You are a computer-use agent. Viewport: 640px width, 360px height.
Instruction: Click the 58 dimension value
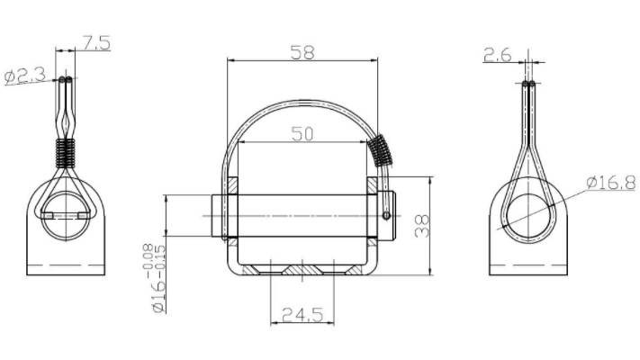[x=302, y=52]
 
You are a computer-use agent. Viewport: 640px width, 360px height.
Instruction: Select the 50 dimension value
[x=302, y=134]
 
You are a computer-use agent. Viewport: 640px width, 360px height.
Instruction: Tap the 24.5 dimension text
[x=302, y=315]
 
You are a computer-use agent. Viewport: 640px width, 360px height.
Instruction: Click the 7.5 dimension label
[x=96, y=43]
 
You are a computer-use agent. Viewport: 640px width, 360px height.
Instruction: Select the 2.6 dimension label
[x=497, y=55]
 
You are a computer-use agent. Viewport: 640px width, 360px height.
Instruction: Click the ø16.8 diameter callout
[x=611, y=182]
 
